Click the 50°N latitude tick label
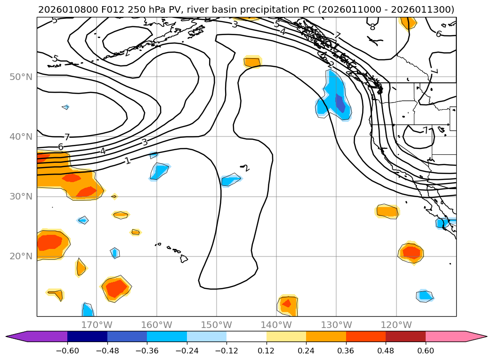pyautogui.click(x=21, y=77)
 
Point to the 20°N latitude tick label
pyautogui.click(x=21, y=256)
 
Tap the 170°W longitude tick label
pyautogui.click(x=97, y=325)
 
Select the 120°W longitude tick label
pyautogui.click(x=396, y=325)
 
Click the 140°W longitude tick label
pyautogui.click(x=276, y=325)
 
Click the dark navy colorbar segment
pyautogui.click(x=87, y=336)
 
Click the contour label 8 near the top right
pyautogui.click(x=372, y=27)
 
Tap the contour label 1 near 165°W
pyautogui.click(x=128, y=161)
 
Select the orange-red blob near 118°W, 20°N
pyautogui.click(x=411, y=253)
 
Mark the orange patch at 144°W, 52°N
pyautogui.click(x=252, y=62)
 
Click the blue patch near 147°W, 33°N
pyautogui.click(x=230, y=179)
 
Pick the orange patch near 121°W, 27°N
pyautogui.click(x=387, y=211)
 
